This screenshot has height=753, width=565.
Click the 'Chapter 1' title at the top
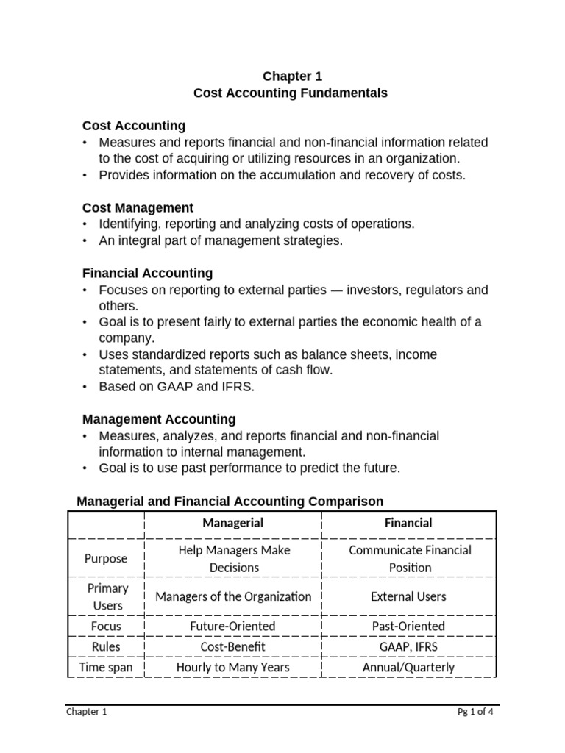(292, 76)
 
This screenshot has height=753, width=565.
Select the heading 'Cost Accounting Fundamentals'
(290, 93)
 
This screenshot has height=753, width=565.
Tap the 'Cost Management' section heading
(138, 208)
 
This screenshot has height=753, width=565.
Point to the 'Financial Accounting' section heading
(147, 273)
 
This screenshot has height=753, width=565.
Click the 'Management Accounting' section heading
(159, 419)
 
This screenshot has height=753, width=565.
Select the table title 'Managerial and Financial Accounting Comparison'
(230, 502)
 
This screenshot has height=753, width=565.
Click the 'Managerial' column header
(232, 523)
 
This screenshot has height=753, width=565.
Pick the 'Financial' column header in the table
(409, 523)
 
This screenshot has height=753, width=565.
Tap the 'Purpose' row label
(106, 559)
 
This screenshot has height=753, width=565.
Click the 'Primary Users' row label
(107, 597)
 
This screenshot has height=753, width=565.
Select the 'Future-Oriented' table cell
(232, 627)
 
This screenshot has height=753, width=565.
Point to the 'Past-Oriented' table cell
(409, 627)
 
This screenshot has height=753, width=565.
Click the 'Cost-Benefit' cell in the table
(232, 647)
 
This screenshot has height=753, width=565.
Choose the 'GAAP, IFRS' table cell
(409, 647)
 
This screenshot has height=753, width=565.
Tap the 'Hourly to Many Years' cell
(232, 668)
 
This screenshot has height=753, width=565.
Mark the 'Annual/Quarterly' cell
(409, 668)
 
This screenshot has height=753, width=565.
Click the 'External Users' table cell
(409, 597)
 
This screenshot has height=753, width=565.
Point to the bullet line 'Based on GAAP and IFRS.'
(177, 387)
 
